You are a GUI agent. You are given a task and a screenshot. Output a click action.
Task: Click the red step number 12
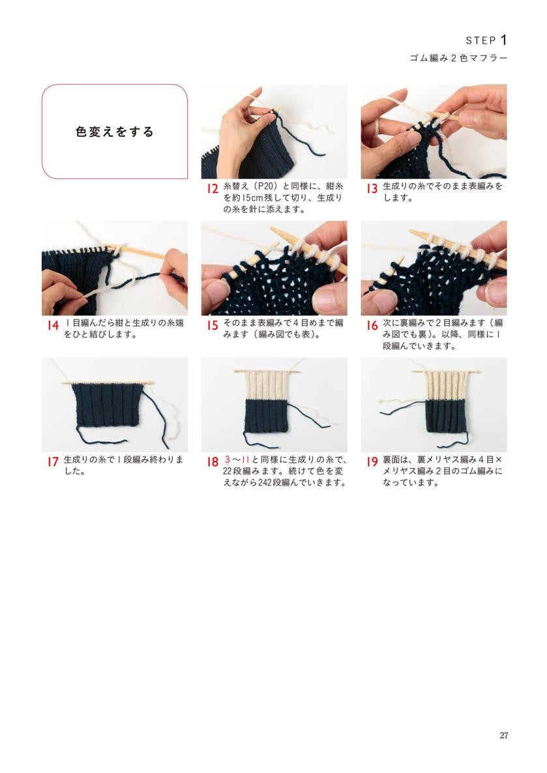(x=212, y=188)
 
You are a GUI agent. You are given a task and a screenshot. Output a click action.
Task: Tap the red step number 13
(x=372, y=188)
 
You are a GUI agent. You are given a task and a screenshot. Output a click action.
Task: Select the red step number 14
(x=53, y=325)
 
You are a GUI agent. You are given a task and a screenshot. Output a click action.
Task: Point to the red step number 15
(x=212, y=325)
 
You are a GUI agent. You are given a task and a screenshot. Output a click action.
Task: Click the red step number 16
(x=372, y=325)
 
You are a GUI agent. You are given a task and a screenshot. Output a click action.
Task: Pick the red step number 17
(x=53, y=462)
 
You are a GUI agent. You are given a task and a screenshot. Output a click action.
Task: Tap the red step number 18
(x=212, y=462)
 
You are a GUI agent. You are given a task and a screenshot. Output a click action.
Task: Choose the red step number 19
(x=372, y=462)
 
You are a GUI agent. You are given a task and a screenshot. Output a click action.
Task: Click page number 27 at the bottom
(x=503, y=735)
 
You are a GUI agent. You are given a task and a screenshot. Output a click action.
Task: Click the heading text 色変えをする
(x=115, y=132)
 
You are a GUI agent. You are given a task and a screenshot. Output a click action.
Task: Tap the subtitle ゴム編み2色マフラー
(x=458, y=58)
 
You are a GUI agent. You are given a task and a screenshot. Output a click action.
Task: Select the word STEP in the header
(x=481, y=40)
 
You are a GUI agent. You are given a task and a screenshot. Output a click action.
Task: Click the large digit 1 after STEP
(x=503, y=40)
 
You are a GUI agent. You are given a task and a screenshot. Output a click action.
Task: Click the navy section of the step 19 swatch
(x=445, y=417)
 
